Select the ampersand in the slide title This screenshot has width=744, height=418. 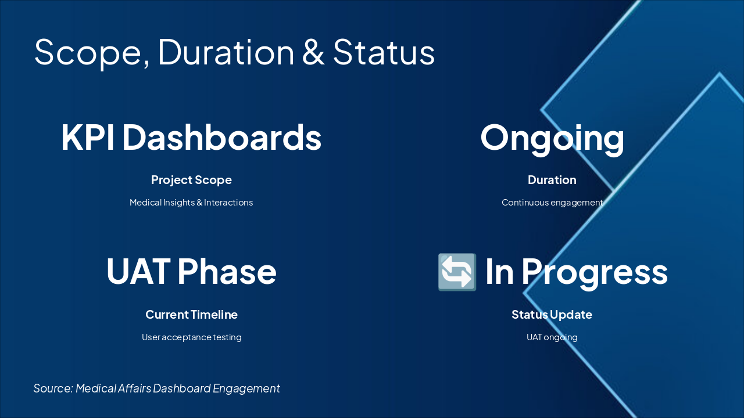click(313, 52)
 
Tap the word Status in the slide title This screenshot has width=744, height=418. click(384, 52)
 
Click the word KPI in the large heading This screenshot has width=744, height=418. click(88, 138)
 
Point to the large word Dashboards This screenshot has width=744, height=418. click(222, 136)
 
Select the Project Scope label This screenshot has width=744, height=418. click(191, 180)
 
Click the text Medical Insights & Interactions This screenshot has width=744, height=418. click(191, 203)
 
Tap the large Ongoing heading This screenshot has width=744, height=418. click(552, 139)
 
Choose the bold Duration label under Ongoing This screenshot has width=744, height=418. click(552, 180)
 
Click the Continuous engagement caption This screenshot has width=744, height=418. click(552, 203)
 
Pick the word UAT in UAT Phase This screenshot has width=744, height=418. click(138, 271)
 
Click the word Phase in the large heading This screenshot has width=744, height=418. click(227, 271)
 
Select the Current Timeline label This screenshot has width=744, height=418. click(191, 315)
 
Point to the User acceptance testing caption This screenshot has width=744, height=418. click(191, 337)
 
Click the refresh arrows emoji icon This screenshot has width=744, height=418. click(457, 272)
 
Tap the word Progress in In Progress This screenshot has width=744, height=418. click(595, 273)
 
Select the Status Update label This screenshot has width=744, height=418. click(552, 315)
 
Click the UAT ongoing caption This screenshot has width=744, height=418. click(552, 337)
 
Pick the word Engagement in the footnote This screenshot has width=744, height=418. click(246, 389)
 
